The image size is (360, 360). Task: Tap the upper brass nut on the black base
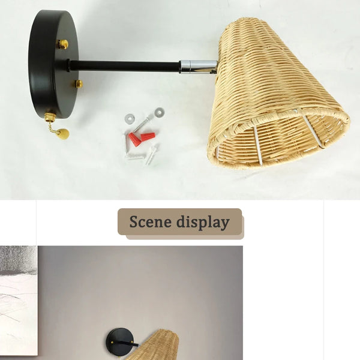point(62,44)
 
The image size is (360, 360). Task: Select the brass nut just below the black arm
point(78,83)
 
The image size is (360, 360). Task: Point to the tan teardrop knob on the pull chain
point(63,133)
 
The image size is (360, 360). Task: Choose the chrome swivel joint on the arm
point(198,67)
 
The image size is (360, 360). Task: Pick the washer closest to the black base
point(130,119)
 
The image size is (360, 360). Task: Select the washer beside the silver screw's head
point(158,112)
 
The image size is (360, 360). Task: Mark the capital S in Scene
point(134,222)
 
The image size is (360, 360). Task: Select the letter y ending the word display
point(225,224)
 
